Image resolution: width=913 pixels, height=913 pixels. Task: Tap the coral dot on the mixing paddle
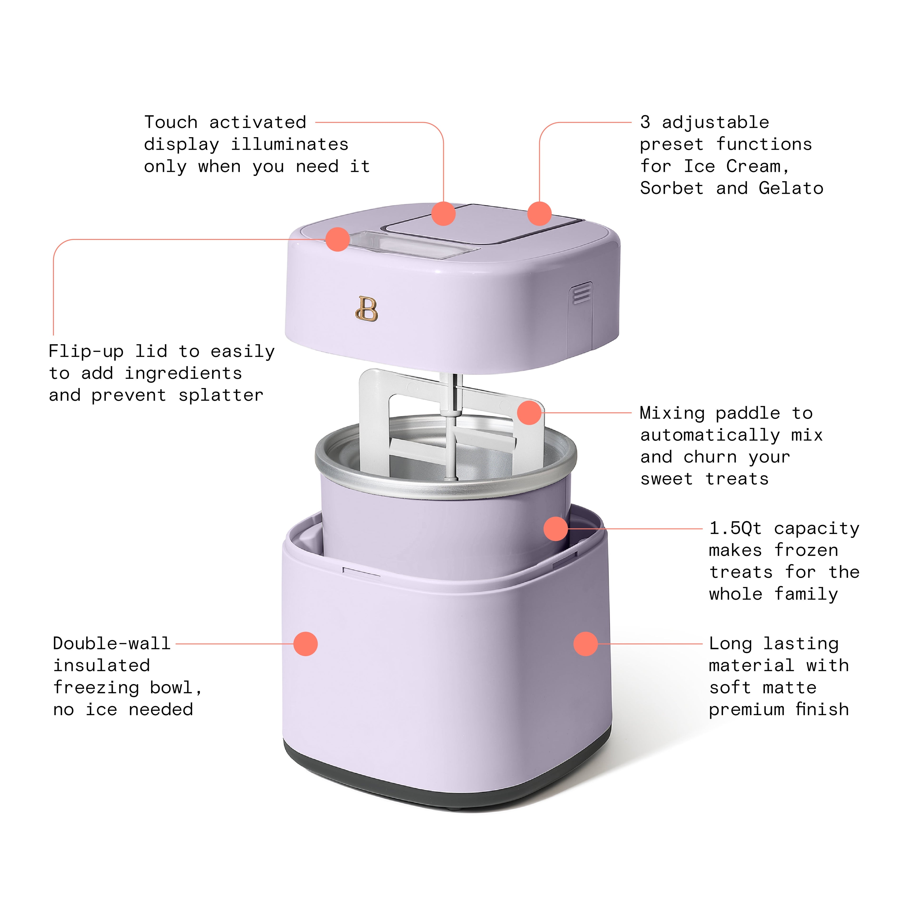point(529,413)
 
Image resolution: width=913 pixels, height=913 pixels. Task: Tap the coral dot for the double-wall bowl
point(305,644)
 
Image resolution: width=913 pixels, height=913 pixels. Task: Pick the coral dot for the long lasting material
point(586,644)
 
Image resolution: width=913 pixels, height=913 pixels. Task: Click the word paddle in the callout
point(748,413)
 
